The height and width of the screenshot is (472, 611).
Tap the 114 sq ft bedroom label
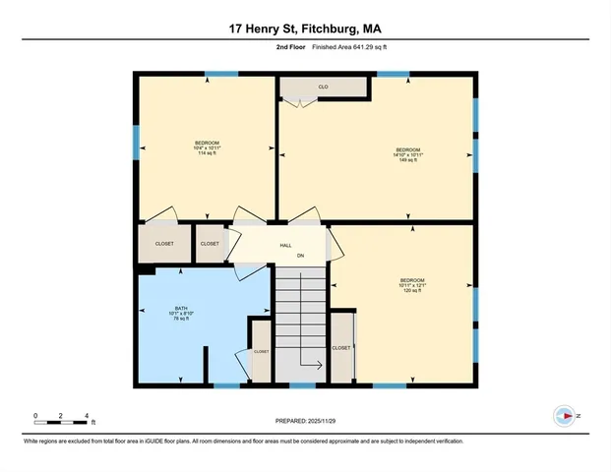click(207, 153)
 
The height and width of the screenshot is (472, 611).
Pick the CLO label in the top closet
click(322, 88)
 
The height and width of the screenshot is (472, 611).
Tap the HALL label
click(285, 245)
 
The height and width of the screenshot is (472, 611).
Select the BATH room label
click(181, 307)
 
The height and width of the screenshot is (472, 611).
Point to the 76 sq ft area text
click(181, 319)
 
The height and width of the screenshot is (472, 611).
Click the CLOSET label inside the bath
click(261, 351)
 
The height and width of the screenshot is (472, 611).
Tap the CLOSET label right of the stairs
click(341, 347)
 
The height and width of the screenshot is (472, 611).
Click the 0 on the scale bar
click(35, 414)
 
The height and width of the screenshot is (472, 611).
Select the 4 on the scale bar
click(88, 414)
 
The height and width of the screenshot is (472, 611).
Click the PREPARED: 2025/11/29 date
click(305, 422)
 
